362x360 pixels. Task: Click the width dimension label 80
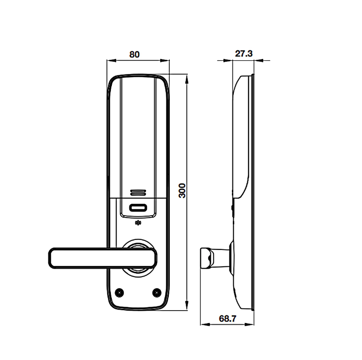tap(134, 54)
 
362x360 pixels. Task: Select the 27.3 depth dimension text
tap(243, 53)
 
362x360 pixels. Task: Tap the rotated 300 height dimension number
tap(182, 190)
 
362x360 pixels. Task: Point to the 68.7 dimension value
tap(227, 318)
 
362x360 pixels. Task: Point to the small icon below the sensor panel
tap(138, 223)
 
